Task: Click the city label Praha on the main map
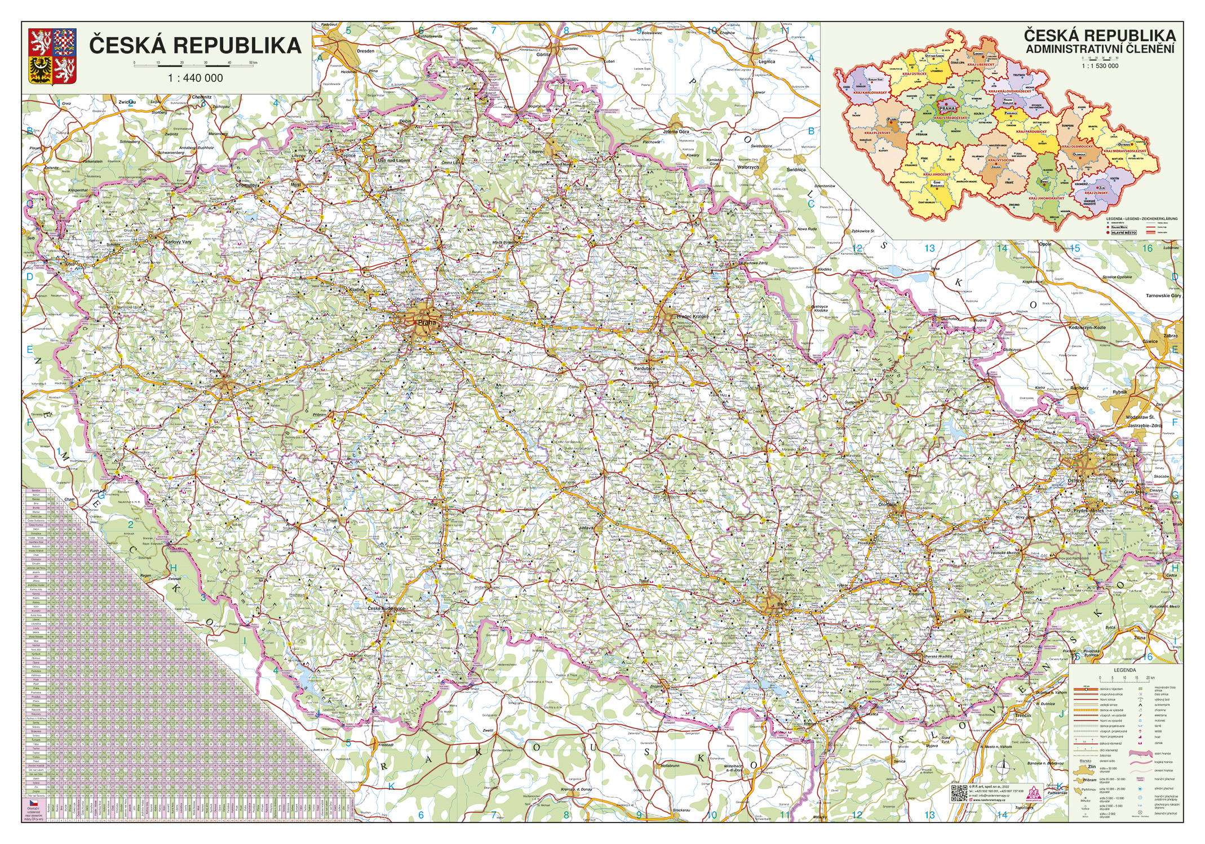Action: tap(427, 322)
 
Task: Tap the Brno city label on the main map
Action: tap(782, 604)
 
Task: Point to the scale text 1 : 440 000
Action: tap(196, 78)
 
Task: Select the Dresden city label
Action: tap(365, 51)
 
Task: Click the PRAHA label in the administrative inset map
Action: tap(947, 108)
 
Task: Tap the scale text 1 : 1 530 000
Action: tap(1100, 66)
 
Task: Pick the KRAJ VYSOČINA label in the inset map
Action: tap(1001, 160)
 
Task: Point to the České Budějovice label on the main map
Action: tap(386, 609)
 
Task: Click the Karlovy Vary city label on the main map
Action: tap(178, 242)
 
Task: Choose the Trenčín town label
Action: tap(1022, 715)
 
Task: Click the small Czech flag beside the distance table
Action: tap(33, 802)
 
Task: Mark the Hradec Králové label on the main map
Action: tap(693, 317)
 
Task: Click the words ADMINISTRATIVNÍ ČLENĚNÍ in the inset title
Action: tap(1100, 49)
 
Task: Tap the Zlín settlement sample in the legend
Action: tap(1092, 767)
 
